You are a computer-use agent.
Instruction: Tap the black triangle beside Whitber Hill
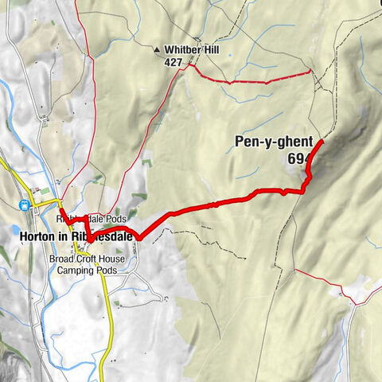[x=158, y=49]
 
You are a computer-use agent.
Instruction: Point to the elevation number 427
[x=174, y=61]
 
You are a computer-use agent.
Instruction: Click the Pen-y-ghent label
[x=273, y=143]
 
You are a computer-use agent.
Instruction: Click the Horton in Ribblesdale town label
[x=68, y=236]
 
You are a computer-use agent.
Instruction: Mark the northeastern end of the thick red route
[x=321, y=141]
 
